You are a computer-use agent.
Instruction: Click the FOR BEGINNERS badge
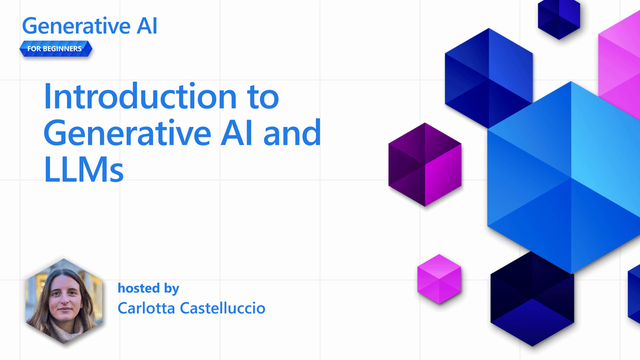[x=55, y=49]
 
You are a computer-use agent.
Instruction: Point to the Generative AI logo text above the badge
[x=90, y=26]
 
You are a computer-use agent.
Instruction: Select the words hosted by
[x=148, y=288]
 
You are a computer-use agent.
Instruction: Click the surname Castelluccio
[x=222, y=308]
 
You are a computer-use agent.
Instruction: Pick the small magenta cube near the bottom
[x=438, y=278]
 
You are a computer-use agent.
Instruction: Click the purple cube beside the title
[x=425, y=164]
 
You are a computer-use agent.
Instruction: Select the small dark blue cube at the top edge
[x=559, y=18]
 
